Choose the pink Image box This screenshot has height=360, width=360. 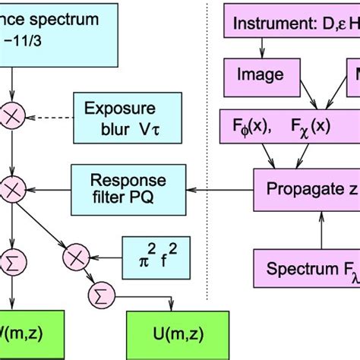(x=261, y=74)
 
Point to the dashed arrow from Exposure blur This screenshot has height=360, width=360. (x=49, y=118)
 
